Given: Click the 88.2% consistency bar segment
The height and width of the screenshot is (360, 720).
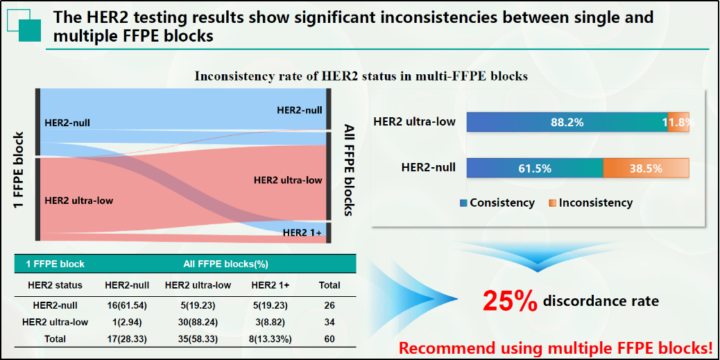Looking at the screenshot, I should tap(567, 122).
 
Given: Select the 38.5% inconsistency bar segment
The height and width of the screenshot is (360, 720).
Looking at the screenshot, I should tap(646, 168).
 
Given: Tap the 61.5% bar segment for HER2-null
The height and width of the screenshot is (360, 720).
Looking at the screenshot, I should tap(535, 168).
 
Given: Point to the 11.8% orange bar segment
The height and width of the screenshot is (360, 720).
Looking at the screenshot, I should tap(678, 122).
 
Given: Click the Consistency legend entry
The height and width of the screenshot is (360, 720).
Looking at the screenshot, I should tap(497, 203).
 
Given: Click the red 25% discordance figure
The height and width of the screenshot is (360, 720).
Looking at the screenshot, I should tap(510, 301).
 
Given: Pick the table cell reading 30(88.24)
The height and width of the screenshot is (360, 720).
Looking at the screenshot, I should tap(198, 322).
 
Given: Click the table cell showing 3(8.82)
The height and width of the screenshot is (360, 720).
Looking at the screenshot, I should tap(270, 322).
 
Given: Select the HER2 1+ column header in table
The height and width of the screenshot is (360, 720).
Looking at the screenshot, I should tap(270, 285).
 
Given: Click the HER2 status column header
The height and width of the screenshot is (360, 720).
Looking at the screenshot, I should tap(55, 285).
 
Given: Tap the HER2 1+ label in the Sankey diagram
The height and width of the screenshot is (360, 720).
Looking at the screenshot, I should tap(302, 232).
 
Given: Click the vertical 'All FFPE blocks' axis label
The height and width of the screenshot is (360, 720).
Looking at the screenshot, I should tap(348, 170).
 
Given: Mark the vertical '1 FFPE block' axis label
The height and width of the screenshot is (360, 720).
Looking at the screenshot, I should tap(19, 171).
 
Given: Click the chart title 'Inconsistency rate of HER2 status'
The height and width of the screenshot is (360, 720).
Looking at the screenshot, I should tap(361, 76).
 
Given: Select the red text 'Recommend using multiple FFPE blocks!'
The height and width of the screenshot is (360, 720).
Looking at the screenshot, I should tap(556, 347).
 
